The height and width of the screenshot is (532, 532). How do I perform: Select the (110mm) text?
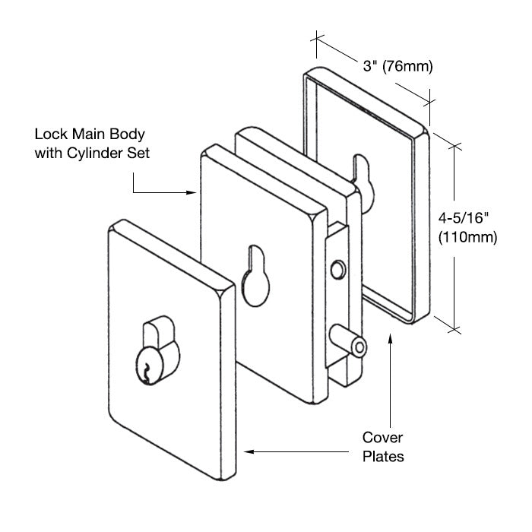point(467,237)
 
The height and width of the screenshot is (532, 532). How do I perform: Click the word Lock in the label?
point(49,135)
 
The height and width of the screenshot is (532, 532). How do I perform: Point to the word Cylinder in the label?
point(101,153)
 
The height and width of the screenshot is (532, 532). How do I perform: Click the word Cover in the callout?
point(382,438)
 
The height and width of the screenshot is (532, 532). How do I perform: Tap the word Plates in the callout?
point(382,457)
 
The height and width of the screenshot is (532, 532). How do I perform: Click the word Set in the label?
point(139,153)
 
